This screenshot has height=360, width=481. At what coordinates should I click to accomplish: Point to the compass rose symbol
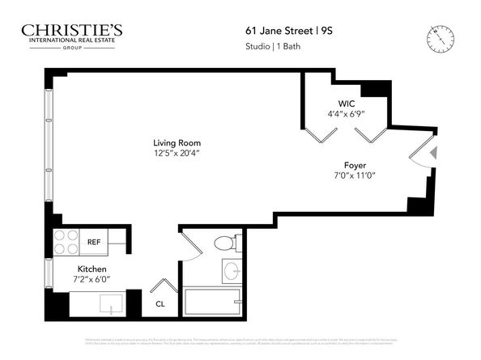tap(441, 37)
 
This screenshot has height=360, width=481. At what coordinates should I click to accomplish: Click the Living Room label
tap(177, 143)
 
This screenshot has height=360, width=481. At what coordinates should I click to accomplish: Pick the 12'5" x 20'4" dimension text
tap(177, 153)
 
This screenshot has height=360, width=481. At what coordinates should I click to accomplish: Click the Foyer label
tap(355, 165)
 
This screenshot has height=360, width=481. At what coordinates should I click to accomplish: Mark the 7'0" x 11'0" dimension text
tap(355, 176)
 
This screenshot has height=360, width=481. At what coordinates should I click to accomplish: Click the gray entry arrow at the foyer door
tap(433, 152)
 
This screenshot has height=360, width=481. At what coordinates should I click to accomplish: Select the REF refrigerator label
tap(94, 242)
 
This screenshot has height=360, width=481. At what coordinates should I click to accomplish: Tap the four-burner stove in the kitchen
tap(66, 242)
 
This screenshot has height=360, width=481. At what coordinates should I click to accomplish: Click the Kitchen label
tap(92, 269)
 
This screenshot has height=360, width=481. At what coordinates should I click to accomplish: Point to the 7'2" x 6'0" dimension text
tap(92, 279)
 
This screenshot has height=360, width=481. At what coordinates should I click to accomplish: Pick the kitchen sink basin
tap(109, 303)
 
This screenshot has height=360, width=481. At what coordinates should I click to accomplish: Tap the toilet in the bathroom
tap(224, 243)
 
